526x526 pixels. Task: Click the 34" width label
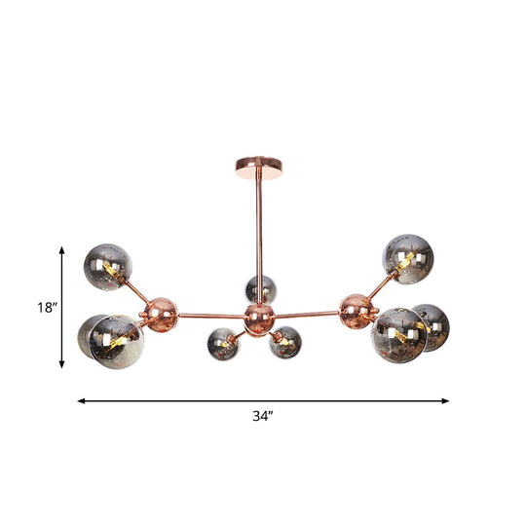tap(262, 416)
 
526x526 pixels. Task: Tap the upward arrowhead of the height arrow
tap(62, 249)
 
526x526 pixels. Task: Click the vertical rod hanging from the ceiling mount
tap(259, 234)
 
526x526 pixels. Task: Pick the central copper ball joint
tap(259, 315)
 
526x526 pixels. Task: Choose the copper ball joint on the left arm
tap(157, 312)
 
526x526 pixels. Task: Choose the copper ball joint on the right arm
tap(357, 309)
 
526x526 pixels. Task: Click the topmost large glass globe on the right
tap(406, 258)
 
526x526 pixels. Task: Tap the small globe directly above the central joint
tap(260, 288)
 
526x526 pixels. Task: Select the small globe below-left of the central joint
tap(222, 343)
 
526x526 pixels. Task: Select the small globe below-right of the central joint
tap(285, 343)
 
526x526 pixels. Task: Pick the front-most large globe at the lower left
tap(116, 341)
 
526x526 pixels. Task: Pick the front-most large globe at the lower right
tap(398, 334)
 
